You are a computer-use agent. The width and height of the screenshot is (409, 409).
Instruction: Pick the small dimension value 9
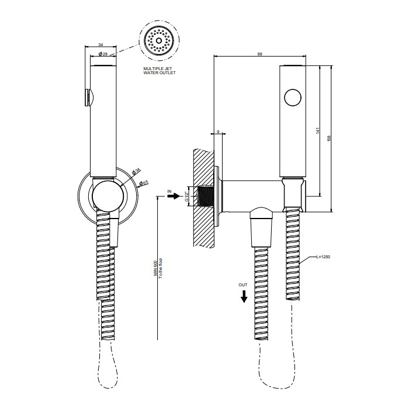[x=218, y=132]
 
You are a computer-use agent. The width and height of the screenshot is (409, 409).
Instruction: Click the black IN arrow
[x=175, y=197]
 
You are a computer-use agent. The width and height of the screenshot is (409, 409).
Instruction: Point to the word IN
[x=169, y=191]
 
